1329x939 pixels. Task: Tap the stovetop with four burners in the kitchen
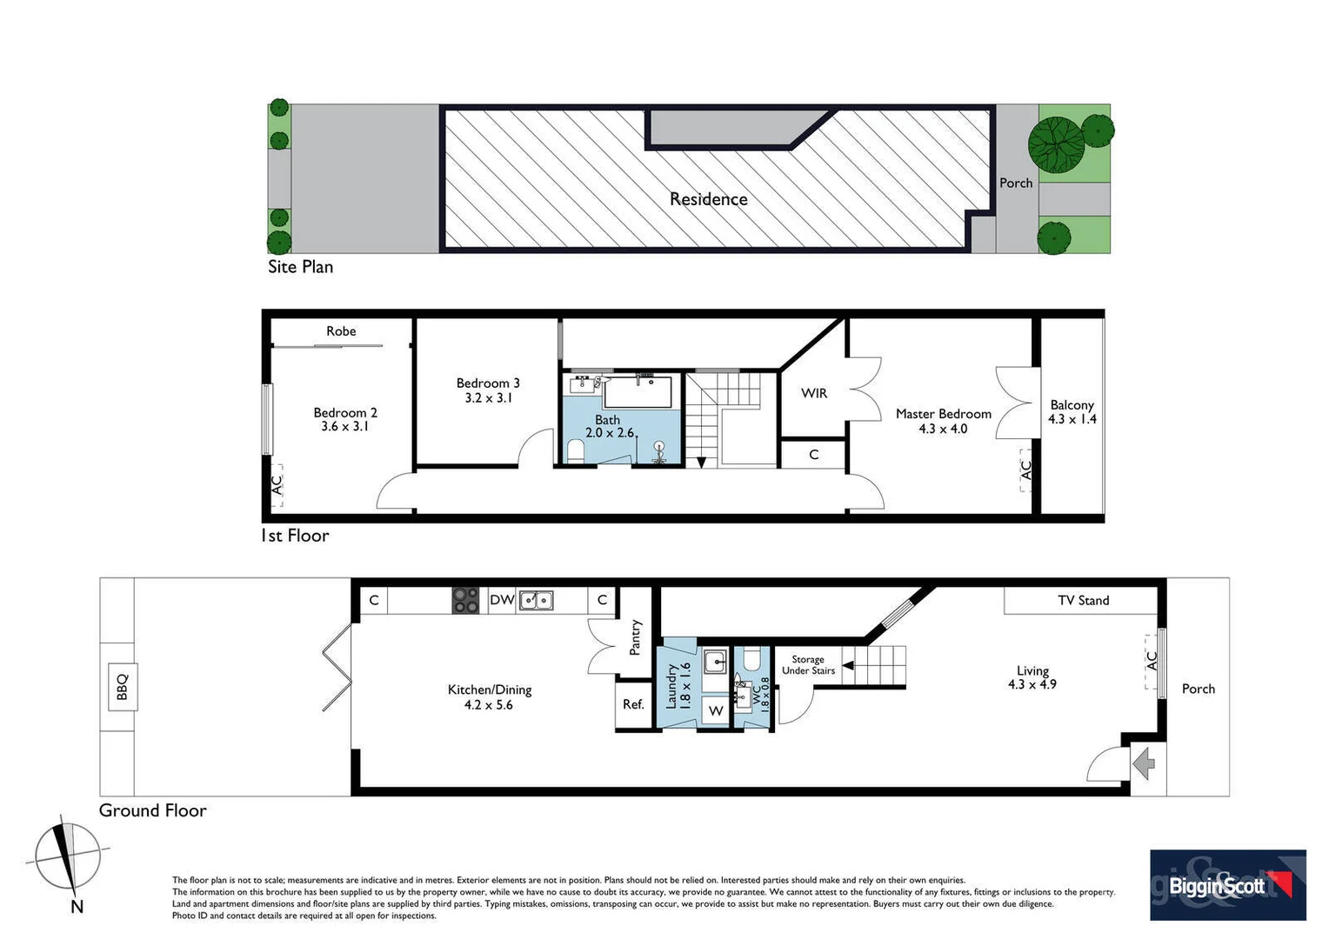[465, 600]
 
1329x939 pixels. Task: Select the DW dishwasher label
[502, 600]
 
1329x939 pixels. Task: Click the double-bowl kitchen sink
[536, 600]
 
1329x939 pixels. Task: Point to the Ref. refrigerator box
[633, 704]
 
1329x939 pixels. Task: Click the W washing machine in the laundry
[716, 711]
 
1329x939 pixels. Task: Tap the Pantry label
[636, 637]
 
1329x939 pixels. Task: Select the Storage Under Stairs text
[808, 665]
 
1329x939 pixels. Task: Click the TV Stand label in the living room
[1083, 600]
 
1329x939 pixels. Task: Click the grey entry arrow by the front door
[1144, 765]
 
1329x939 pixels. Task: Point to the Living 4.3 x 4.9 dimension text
[1032, 677]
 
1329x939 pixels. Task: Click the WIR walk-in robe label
[814, 393]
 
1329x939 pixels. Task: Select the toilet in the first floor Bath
[575, 450]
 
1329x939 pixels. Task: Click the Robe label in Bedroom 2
[341, 331]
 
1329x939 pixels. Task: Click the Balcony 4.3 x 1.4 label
[1072, 412]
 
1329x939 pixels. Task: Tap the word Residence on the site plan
[708, 199]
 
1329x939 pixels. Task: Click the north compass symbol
[68, 858]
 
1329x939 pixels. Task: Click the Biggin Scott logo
[1227, 885]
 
